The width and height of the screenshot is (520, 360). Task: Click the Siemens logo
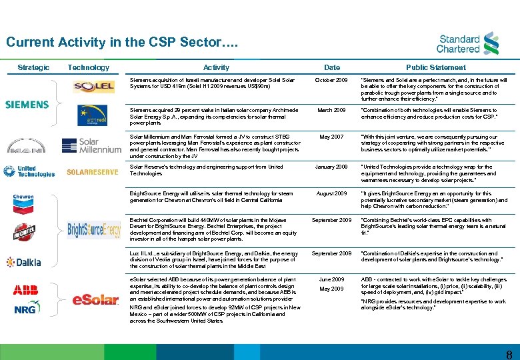(27, 105)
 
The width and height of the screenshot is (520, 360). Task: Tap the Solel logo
(94, 87)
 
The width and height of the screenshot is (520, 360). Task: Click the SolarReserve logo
(93, 172)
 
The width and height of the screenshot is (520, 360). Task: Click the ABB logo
(25, 289)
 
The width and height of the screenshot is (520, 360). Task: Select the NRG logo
(27, 307)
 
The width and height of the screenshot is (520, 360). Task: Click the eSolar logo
(95, 299)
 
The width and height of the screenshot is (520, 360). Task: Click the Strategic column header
(33, 67)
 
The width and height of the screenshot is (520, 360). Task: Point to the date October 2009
(331, 80)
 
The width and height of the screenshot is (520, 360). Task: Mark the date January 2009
(331, 167)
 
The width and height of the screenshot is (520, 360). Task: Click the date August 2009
(331, 193)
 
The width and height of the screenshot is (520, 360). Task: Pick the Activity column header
(216, 67)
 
